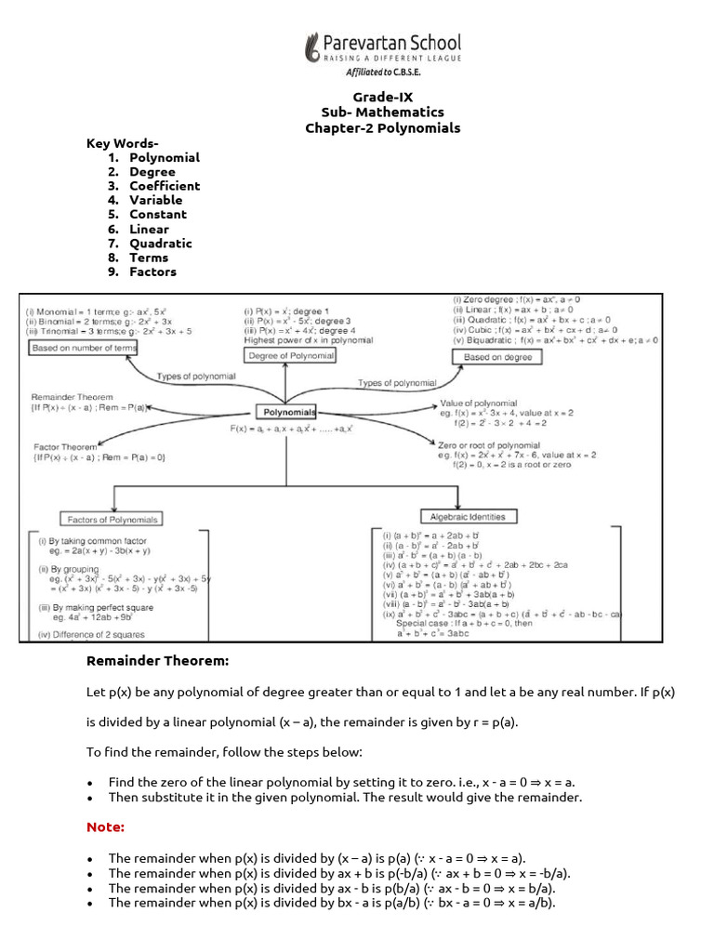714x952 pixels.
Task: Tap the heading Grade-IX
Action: [383, 98]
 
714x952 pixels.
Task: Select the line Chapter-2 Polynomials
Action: [383, 128]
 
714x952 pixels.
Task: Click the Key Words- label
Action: [123, 143]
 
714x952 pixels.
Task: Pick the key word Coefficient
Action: [165, 186]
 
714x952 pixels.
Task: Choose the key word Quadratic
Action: [161, 244]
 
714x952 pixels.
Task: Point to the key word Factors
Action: [152, 272]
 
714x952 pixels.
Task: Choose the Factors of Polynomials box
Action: [112, 519]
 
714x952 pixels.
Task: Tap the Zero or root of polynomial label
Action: [488, 445]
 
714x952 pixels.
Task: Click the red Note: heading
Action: [105, 826]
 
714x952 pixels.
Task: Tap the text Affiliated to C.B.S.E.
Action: [383, 72]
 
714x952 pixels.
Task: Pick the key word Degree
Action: [152, 172]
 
